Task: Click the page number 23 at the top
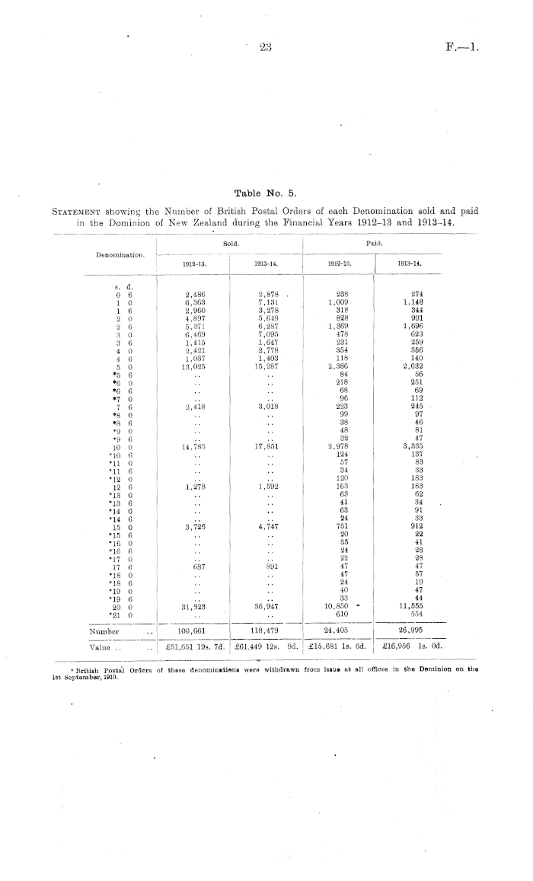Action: [266, 47]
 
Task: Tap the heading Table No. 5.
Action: [266, 193]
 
